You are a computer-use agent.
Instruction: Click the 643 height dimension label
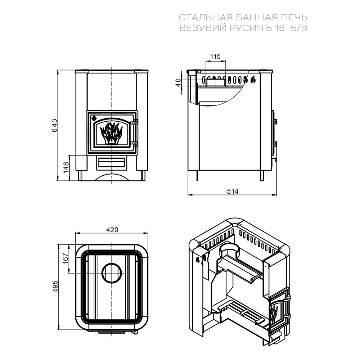click(x=54, y=125)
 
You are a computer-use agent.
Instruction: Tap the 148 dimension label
click(x=66, y=168)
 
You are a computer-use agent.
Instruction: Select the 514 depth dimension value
click(x=233, y=191)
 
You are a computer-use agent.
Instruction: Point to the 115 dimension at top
click(x=215, y=57)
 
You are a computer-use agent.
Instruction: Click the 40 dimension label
click(x=179, y=82)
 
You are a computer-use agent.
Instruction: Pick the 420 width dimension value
click(x=112, y=229)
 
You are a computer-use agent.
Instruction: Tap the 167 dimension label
click(x=66, y=258)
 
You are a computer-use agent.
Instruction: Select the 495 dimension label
click(x=55, y=286)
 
